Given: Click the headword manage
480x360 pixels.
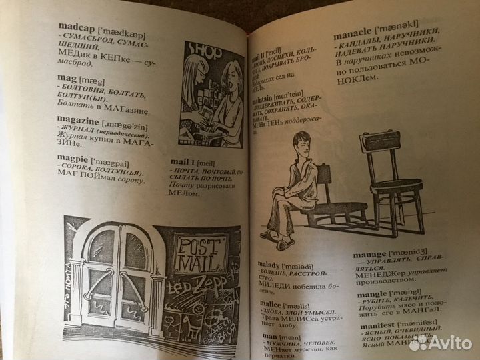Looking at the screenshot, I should (x=370, y=255).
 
